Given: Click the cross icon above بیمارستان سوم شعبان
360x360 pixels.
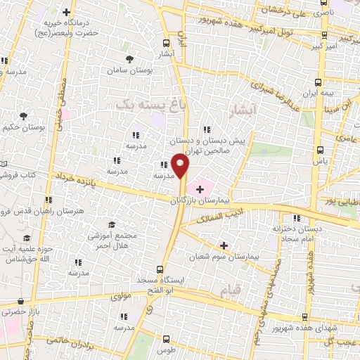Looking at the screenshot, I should click(224, 245).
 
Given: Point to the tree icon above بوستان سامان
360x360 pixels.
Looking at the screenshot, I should click(129, 59).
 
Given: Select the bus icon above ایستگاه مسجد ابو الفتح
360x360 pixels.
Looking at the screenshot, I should click(162, 269).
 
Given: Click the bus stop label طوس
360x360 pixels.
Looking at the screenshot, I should click(166, 349).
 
